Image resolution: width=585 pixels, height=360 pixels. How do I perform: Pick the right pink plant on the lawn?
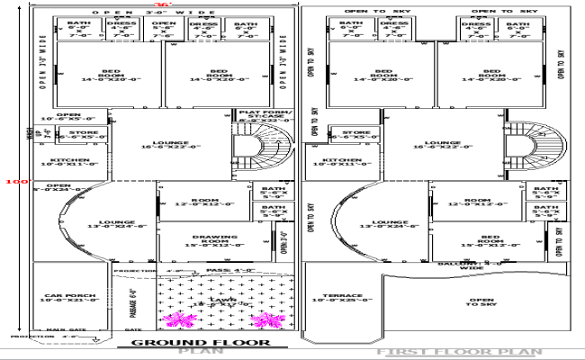pos(266,319)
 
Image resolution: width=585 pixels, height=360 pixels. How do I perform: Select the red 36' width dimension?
pos(160,4)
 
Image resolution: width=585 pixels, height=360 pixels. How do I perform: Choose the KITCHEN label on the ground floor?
pos(58,162)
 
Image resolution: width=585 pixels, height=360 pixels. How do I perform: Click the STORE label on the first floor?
pos(354,135)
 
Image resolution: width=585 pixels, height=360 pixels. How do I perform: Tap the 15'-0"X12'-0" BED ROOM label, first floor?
pos(479,241)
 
